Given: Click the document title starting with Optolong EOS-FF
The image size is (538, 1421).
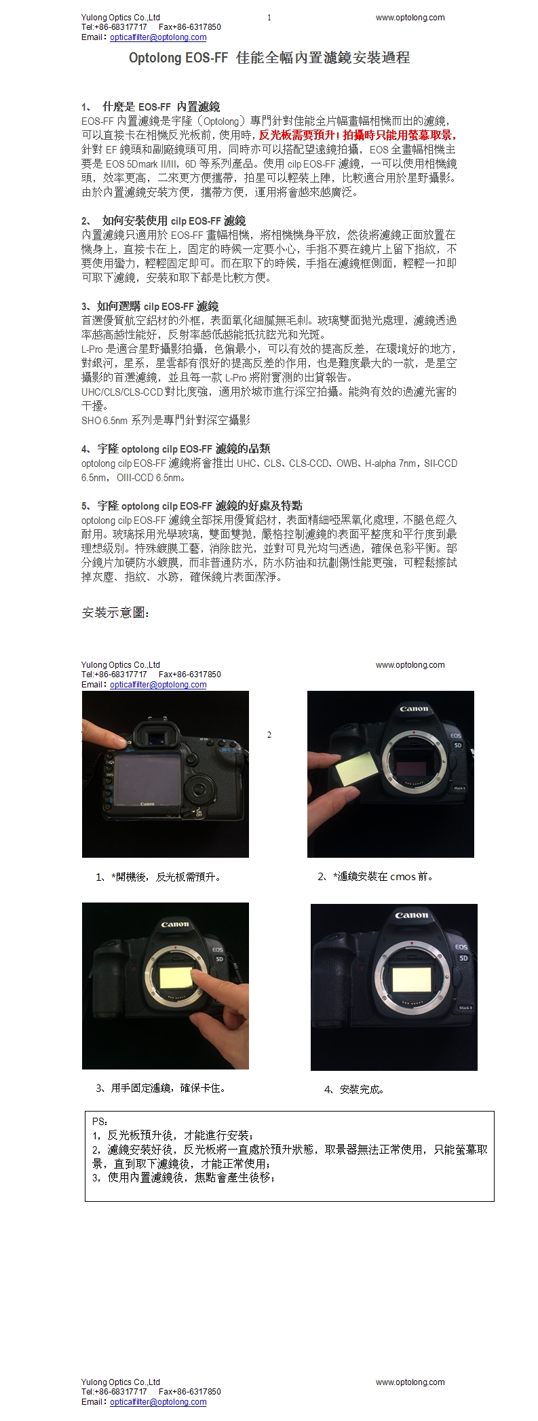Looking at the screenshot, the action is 269,58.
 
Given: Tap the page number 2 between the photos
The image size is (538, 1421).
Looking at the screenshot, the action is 269,734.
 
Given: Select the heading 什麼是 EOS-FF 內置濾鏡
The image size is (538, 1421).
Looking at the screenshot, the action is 151,107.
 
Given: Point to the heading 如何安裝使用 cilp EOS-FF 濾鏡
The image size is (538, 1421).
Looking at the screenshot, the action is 164,221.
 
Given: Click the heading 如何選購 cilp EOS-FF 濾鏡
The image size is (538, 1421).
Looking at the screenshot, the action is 150,306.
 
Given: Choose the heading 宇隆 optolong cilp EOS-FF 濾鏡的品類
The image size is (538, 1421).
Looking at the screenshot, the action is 176,449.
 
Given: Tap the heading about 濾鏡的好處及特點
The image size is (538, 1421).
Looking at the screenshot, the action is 192,506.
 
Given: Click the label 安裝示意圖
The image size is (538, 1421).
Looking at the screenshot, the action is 115,613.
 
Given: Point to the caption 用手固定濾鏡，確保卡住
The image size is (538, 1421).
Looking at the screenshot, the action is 161,1088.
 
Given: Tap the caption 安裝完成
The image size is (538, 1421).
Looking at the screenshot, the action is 355,1089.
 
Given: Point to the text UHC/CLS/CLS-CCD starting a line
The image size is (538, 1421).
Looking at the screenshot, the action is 122,392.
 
